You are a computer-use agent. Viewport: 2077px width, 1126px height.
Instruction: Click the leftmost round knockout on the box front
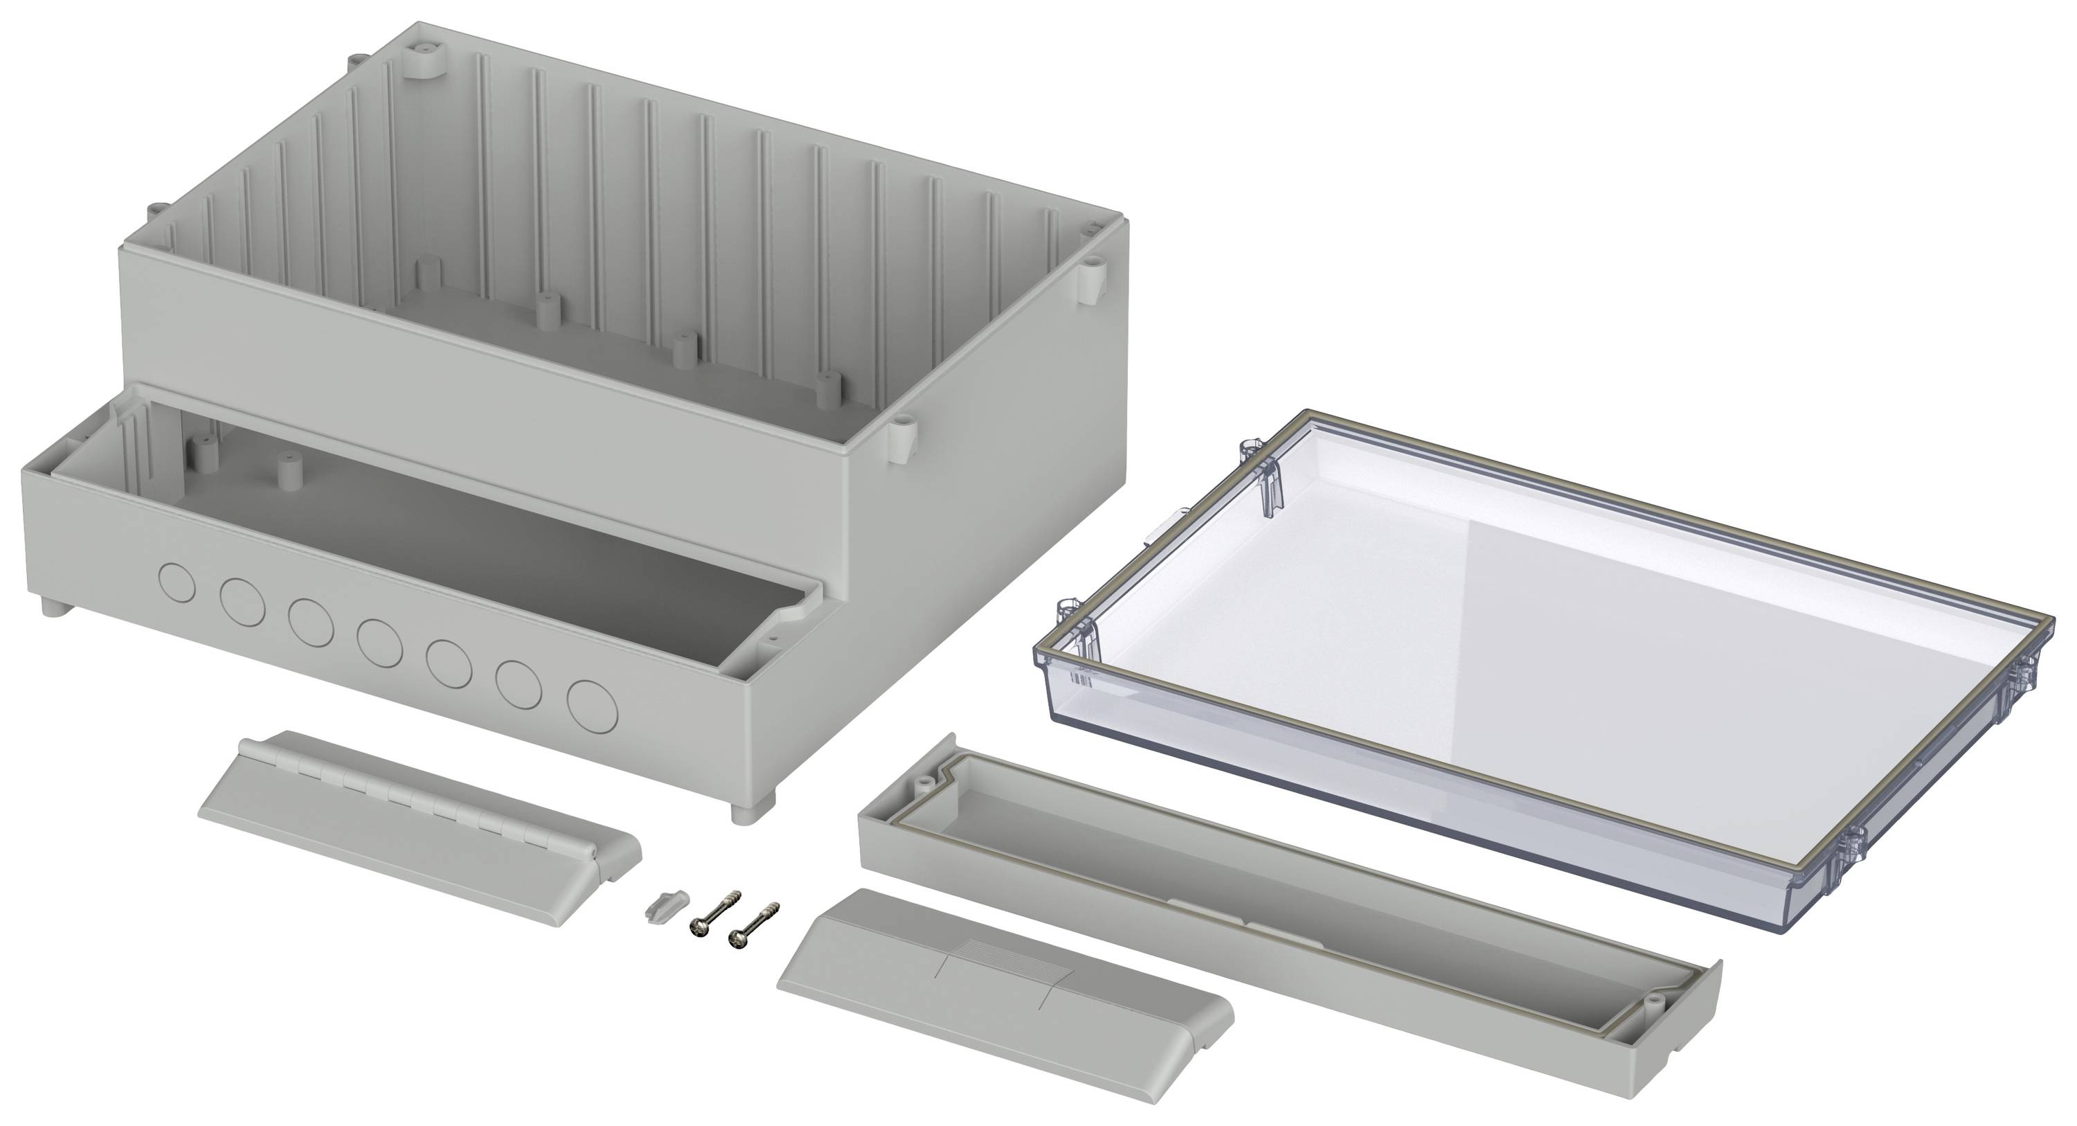pos(177,582)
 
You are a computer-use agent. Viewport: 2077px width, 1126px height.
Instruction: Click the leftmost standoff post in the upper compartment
pos(428,273)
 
